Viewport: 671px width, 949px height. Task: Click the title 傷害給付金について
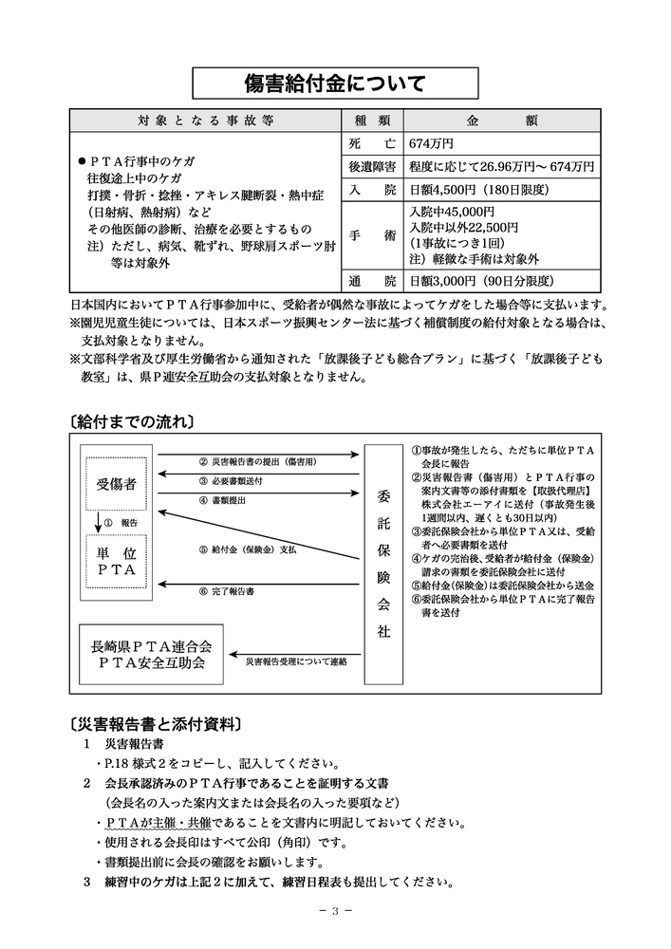pyautogui.click(x=335, y=83)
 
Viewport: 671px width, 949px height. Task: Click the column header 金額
pyautogui.click(x=502, y=121)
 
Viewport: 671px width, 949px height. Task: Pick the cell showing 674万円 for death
pyautogui.click(x=431, y=144)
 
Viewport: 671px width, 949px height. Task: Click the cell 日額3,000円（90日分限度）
pyautogui.click(x=480, y=281)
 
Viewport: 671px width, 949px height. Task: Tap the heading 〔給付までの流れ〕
pyautogui.click(x=132, y=419)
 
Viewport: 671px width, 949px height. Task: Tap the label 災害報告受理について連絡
pyautogui.click(x=295, y=660)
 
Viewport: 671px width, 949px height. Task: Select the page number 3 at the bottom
pyautogui.click(x=335, y=911)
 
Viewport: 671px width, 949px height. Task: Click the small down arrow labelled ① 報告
pyautogui.click(x=98, y=523)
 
